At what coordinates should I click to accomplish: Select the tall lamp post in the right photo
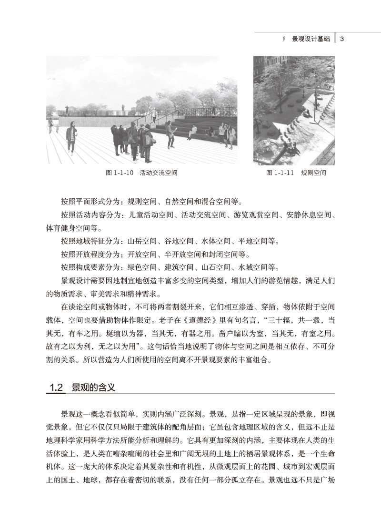(314, 91)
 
